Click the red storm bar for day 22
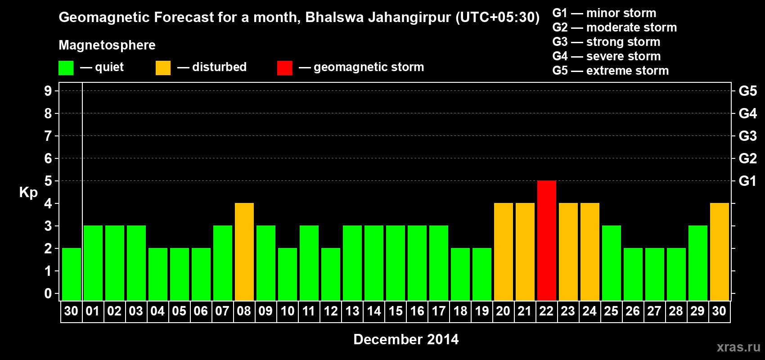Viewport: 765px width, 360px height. point(546,240)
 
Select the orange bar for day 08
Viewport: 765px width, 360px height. point(244,252)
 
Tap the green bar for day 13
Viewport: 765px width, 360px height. point(352,263)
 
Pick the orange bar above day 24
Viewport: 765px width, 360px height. point(589,252)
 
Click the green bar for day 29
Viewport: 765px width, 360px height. point(697,263)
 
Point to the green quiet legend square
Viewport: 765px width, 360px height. point(66,68)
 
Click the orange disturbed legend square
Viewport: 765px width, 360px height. point(163,68)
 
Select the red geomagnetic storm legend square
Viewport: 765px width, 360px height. point(284,68)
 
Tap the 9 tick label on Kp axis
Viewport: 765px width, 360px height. point(48,91)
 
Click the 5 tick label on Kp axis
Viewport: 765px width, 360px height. point(48,181)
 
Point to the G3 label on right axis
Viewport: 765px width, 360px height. point(747,136)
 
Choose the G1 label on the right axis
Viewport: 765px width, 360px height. point(747,181)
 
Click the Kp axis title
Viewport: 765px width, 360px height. point(28,193)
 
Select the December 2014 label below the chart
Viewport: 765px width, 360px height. point(406,339)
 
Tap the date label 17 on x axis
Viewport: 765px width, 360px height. point(438,311)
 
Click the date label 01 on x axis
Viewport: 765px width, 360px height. point(93,311)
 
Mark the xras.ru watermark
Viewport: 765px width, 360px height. point(738,347)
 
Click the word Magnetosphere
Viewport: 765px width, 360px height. point(107,45)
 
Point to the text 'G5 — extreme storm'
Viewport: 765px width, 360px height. point(610,71)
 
